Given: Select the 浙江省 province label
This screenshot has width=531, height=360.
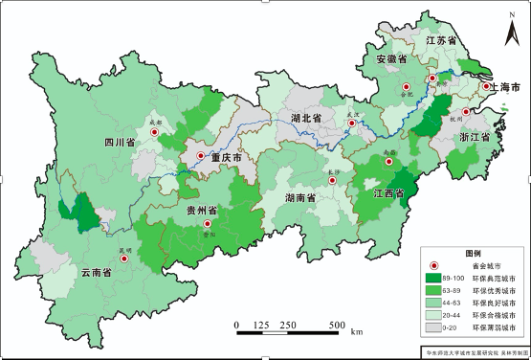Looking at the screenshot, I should pyautogui.click(x=475, y=137).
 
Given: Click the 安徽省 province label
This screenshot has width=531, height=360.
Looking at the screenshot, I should pyautogui.click(x=391, y=59).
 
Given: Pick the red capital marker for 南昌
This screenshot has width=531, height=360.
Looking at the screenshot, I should pyautogui.click(x=388, y=162).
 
